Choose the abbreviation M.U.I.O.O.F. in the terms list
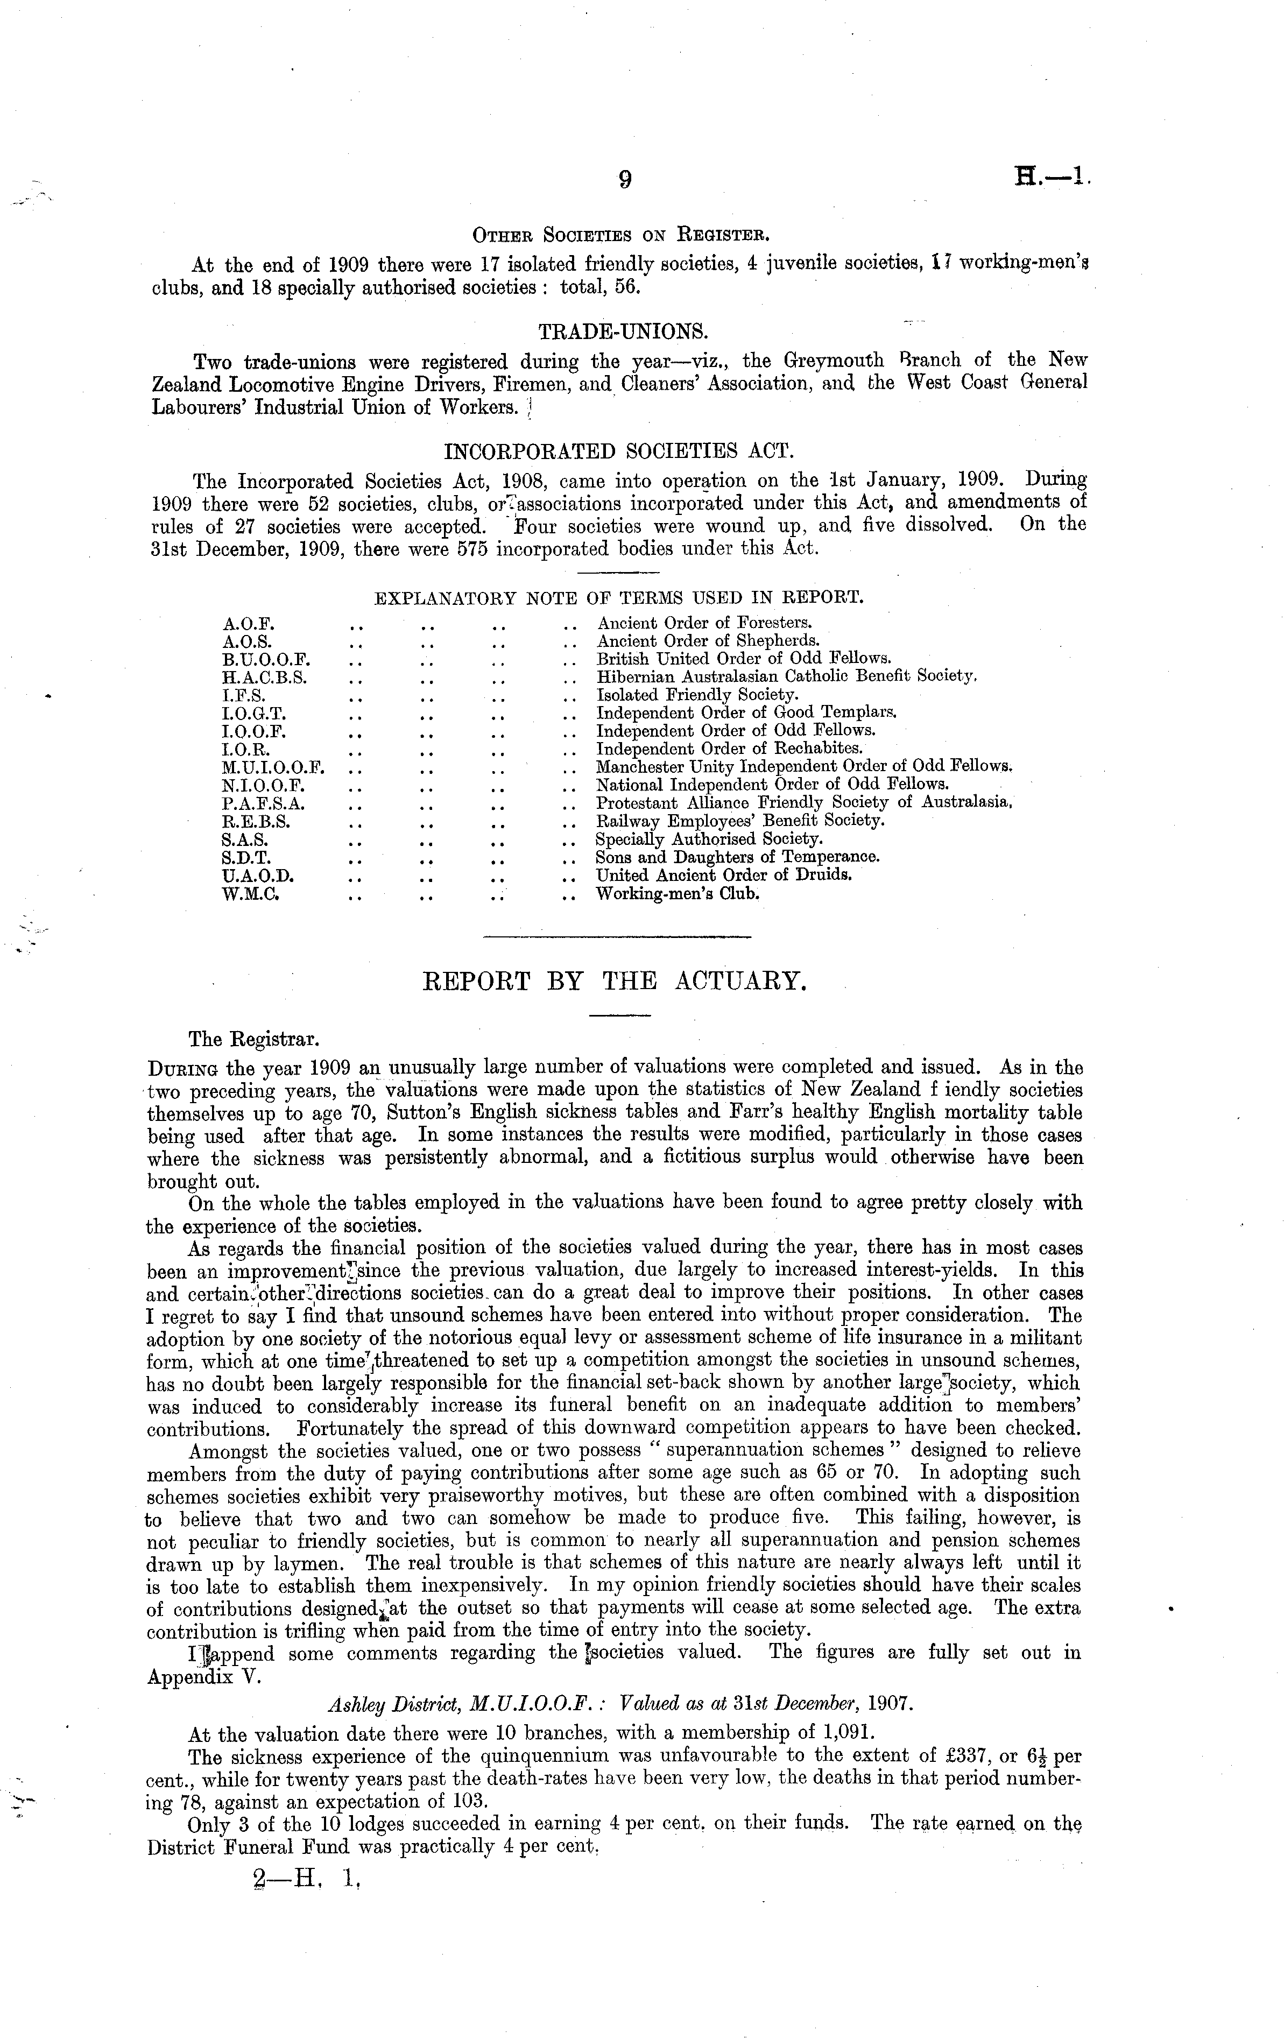[273, 767]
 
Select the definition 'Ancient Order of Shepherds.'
[708, 641]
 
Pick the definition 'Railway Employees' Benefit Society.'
[740, 821]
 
